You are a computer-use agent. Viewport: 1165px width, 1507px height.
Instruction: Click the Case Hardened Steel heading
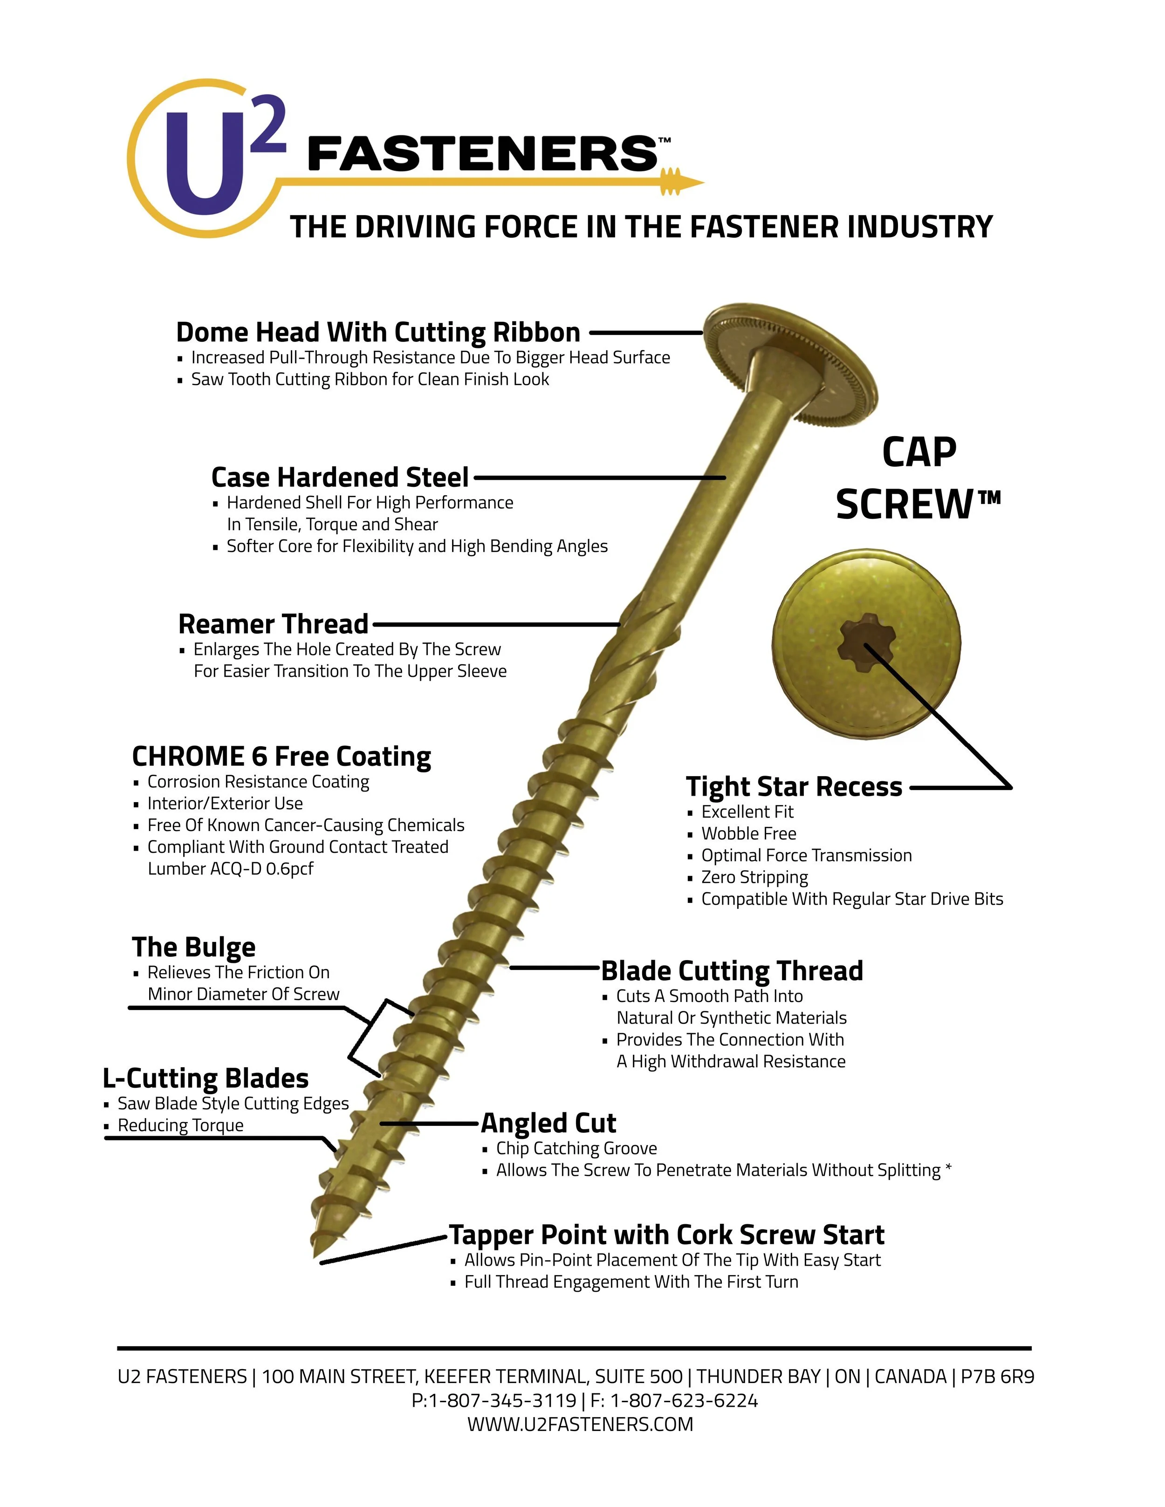[340, 477]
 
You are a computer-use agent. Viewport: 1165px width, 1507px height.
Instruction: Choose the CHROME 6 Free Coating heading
[281, 756]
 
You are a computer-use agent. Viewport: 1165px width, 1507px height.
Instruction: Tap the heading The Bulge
[193, 947]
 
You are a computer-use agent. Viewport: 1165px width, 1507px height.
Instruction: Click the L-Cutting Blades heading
[206, 1078]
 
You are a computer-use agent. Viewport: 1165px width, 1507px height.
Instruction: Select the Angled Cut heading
[548, 1123]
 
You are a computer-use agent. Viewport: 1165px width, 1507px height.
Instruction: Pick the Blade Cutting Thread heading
[732, 970]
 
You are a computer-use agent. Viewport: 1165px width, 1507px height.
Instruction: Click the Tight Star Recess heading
[794, 787]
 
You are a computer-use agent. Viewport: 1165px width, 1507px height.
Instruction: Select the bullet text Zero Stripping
[754, 877]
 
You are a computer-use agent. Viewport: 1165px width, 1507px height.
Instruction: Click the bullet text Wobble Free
[749, 833]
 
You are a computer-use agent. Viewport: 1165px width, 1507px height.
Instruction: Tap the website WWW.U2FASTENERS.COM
[580, 1424]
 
